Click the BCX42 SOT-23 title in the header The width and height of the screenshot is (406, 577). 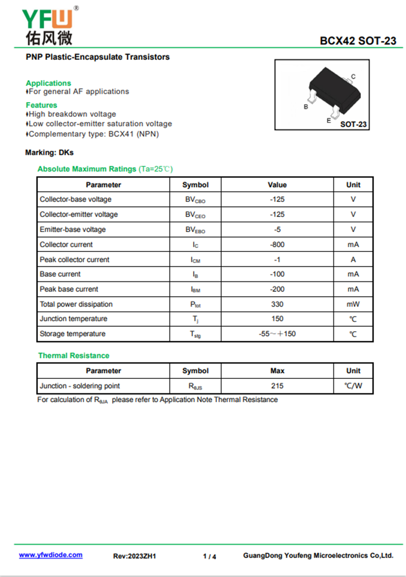click(358, 41)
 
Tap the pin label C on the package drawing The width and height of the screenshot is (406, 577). click(353, 77)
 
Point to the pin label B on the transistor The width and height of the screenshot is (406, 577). click(306, 107)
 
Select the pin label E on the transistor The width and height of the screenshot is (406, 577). click(328, 121)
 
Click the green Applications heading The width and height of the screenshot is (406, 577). click(48, 83)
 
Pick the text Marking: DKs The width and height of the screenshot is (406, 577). click(49, 152)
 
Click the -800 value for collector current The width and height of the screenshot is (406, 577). click(277, 244)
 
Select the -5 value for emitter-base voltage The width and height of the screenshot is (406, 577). click(277, 230)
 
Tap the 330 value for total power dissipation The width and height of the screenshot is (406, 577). click(277, 304)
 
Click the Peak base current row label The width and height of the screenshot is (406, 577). click(69, 289)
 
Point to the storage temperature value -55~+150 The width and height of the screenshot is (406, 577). click(277, 334)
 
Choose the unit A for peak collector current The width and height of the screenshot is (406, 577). click(353, 260)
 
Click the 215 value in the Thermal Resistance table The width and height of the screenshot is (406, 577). click(277, 386)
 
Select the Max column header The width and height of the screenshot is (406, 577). click(277, 371)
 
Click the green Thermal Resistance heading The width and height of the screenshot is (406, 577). click(74, 356)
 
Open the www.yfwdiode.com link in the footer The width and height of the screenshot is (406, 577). click(51, 555)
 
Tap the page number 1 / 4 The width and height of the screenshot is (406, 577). click(209, 556)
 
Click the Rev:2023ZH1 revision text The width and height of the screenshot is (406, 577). click(134, 556)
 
